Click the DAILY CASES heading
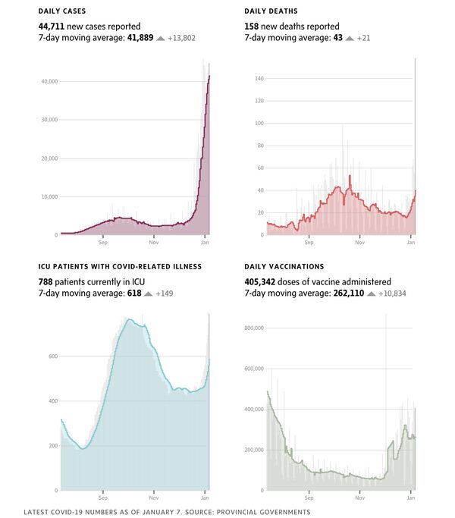point(61,12)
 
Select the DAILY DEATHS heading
point(271,12)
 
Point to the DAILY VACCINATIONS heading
point(284,267)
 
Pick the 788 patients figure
point(47,281)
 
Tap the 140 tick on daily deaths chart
point(259,78)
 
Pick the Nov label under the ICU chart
point(153,498)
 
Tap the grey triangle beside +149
point(148,293)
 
